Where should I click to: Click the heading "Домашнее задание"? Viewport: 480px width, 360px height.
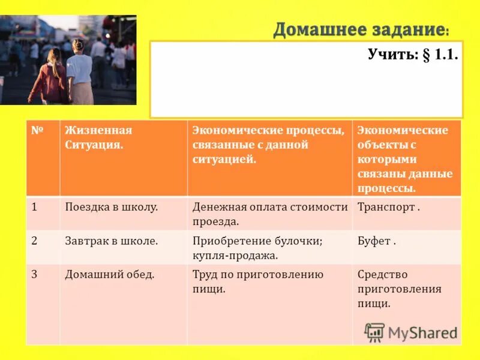point(360,29)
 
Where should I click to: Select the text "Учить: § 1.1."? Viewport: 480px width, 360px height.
point(413,55)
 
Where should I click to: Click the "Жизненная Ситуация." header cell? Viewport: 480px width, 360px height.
point(98,137)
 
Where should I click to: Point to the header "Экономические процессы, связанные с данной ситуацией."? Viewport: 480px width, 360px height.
point(268,145)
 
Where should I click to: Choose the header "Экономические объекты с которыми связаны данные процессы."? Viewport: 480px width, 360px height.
point(405,158)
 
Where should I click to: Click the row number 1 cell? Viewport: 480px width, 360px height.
point(35,207)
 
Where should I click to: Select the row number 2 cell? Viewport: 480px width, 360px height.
point(35,241)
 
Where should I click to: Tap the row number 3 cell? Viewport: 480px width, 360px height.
point(35,274)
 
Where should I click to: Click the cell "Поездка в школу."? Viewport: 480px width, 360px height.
point(111,207)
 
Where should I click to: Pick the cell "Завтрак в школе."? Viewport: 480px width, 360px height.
point(111,241)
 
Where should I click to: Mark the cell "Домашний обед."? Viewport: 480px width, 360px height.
point(110,274)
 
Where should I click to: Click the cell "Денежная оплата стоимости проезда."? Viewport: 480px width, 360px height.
point(270,214)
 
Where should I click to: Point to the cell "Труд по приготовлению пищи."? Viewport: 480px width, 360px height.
point(258,281)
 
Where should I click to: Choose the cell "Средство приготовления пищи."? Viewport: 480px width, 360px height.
point(399,289)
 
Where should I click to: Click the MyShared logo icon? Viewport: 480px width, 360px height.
point(374,332)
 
